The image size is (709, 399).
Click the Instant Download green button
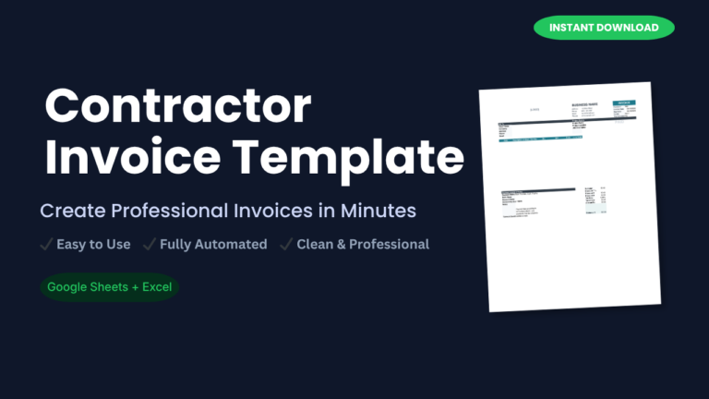(x=604, y=28)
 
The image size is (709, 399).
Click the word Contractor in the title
(x=178, y=106)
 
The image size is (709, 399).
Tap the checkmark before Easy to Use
(x=45, y=245)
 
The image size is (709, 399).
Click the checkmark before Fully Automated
(x=149, y=245)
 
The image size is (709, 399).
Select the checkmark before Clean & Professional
(x=286, y=245)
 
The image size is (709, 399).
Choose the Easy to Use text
(x=93, y=245)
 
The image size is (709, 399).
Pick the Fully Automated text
(x=213, y=245)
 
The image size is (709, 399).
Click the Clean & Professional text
(x=363, y=245)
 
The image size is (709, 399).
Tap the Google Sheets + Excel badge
(x=110, y=286)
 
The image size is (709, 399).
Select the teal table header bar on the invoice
(x=540, y=139)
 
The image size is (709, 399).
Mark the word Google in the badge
(x=68, y=286)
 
